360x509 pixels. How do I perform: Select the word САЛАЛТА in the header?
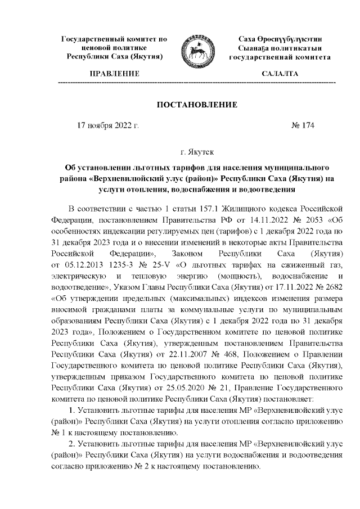coord(280,74)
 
